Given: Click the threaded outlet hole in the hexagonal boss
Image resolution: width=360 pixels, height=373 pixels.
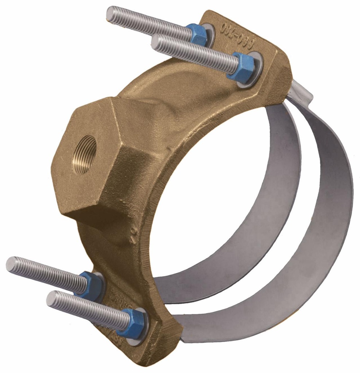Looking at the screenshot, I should coord(85,153).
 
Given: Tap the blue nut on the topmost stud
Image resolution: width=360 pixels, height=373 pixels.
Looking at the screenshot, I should coord(198,35).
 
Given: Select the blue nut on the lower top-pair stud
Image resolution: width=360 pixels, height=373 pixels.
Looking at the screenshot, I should coord(243,66).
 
